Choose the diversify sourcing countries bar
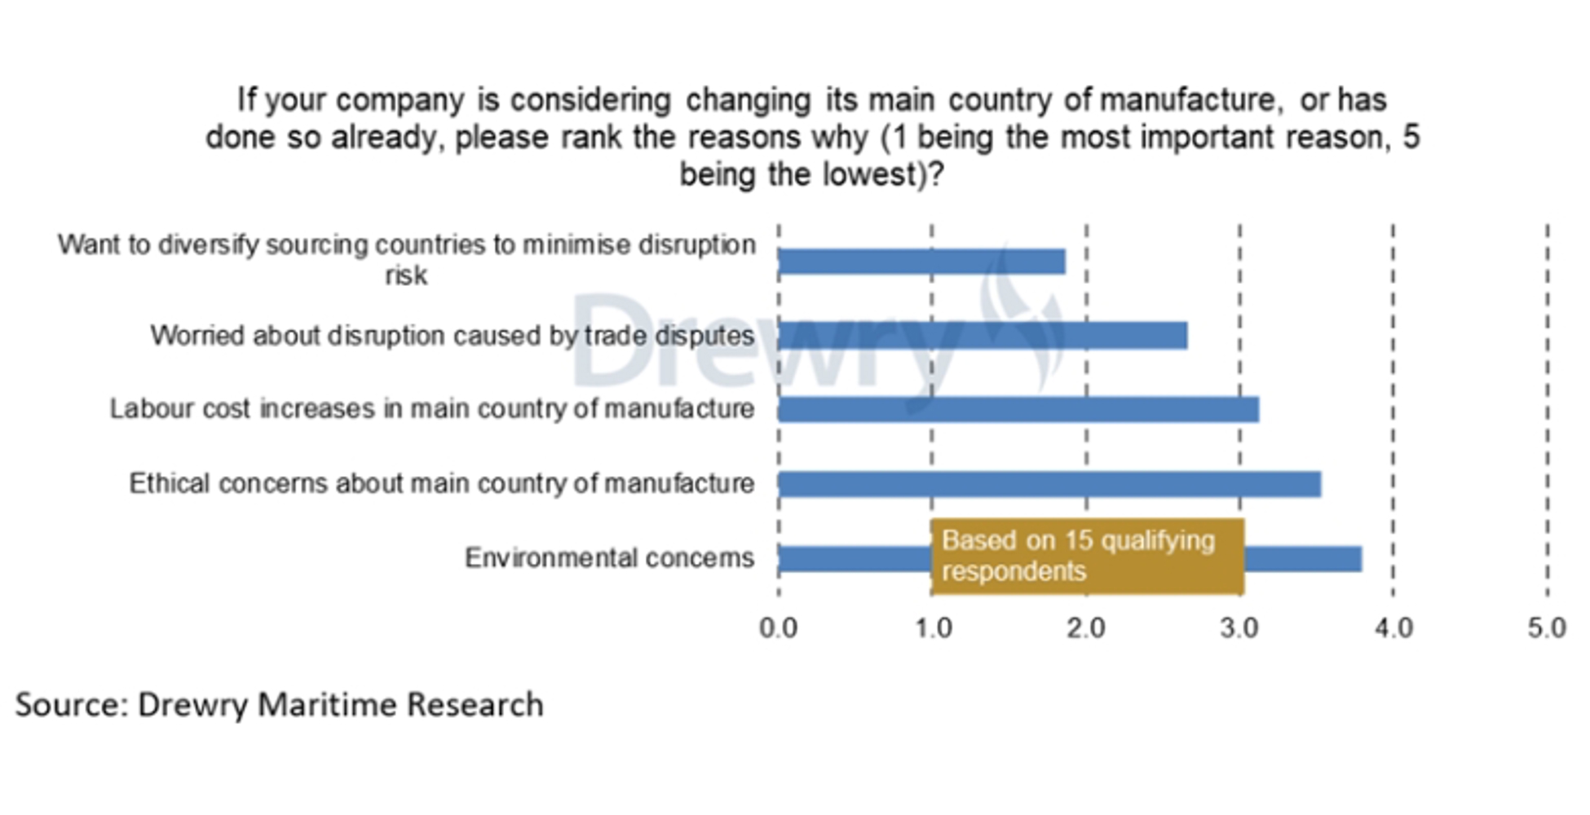(x=921, y=262)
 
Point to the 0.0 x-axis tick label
(x=778, y=628)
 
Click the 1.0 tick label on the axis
(x=932, y=628)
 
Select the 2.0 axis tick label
(x=1086, y=628)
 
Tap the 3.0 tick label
(x=1239, y=628)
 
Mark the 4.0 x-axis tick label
(x=1393, y=628)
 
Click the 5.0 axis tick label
(x=1547, y=628)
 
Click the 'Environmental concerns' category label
(x=609, y=558)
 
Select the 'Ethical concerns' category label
(x=441, y=484)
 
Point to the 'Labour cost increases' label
(x=432, y=409)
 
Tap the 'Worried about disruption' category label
(x=452, y=336)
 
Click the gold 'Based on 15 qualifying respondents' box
(x=1087, y=556)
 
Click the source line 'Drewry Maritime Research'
(x=279, y=705)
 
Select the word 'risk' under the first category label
(x=405, y=275)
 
